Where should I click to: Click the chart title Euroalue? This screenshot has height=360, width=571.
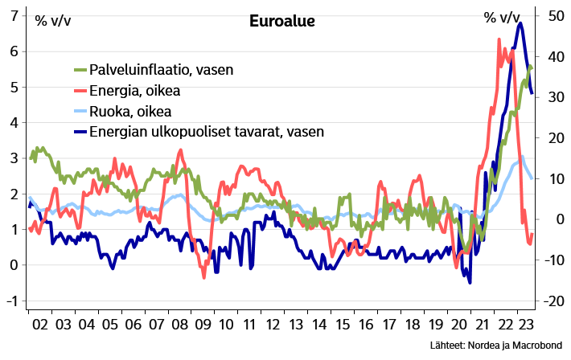[281, 22]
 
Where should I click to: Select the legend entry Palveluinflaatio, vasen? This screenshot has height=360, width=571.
[161, 70]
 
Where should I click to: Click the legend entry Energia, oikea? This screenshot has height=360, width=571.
[134, 90]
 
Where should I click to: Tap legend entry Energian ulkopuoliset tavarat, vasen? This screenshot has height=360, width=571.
[206, 131]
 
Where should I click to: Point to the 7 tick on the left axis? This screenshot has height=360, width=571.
[14, 15]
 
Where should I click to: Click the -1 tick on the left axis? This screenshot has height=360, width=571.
[12, 301]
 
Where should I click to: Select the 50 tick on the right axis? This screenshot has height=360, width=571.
[555, 15]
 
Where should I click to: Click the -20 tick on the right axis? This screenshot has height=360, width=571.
[553, 301]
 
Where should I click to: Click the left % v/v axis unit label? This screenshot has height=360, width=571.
[52, 19]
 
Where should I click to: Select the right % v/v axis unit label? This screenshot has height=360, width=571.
[501, 18]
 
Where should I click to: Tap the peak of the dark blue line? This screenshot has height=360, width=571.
[520, 23]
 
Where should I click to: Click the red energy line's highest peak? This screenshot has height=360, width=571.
[499, 39]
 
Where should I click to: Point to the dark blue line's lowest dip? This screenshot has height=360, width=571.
[470, 281]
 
